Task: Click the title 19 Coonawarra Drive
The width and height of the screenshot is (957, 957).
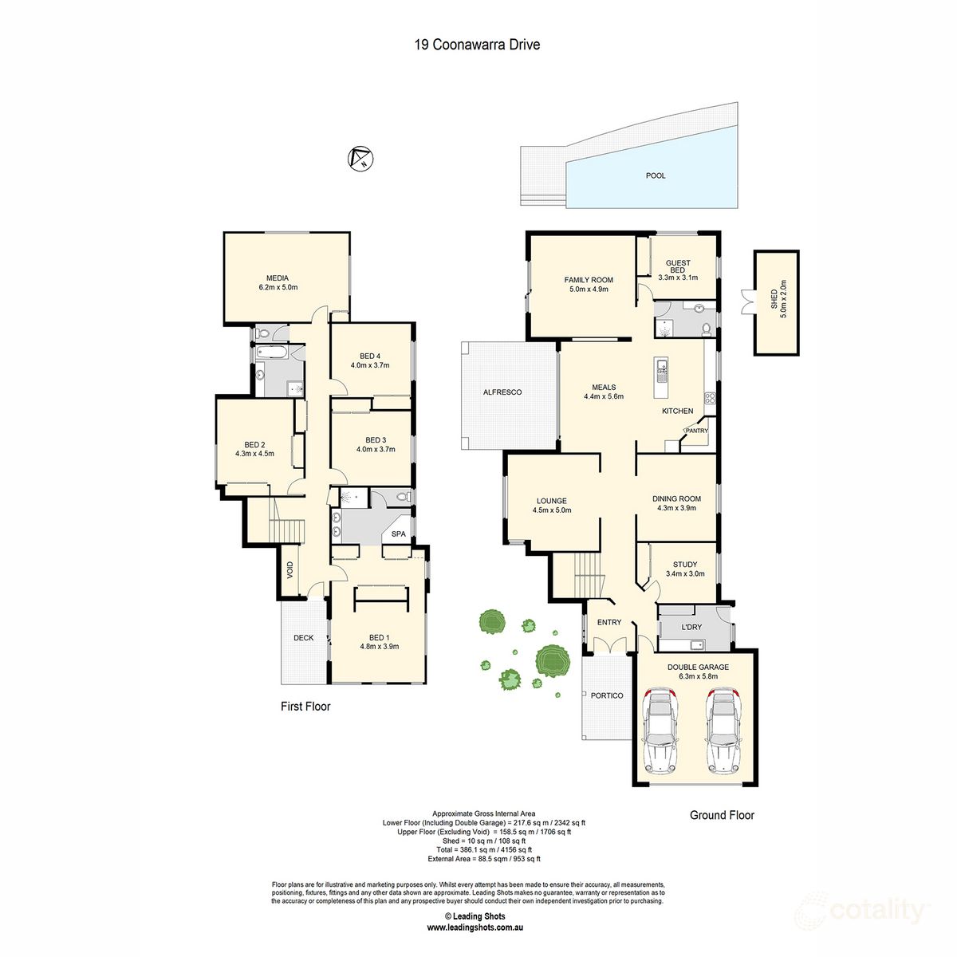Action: [x=477, y=45]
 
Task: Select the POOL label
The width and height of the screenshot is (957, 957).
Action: [x=656, y=175]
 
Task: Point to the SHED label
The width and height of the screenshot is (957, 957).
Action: [x=774, y=300]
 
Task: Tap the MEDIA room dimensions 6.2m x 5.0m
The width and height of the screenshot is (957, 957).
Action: [x=278, y=287]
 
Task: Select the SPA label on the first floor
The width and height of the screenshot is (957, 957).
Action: [x=398, y=534]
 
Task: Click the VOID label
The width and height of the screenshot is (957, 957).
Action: [x=289, y=569]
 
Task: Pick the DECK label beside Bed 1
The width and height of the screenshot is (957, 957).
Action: [x=303, y=638]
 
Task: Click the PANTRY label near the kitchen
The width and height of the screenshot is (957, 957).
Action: [x=696, y=431]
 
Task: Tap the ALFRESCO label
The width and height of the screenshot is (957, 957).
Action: [x=502, y=392]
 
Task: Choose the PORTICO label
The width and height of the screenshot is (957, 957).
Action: [x=607, y=695]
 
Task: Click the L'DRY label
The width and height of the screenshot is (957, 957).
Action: [x=691, y=627]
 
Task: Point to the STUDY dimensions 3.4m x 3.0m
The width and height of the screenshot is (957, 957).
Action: [x=685, y=573]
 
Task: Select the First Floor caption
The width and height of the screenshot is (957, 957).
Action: [x=305, y=707]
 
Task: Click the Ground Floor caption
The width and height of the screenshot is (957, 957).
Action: [x=722, y=815]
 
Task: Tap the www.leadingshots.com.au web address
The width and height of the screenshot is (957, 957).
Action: [x=475, y=927]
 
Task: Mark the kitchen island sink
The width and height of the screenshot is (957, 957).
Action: [x=662, y=368]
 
